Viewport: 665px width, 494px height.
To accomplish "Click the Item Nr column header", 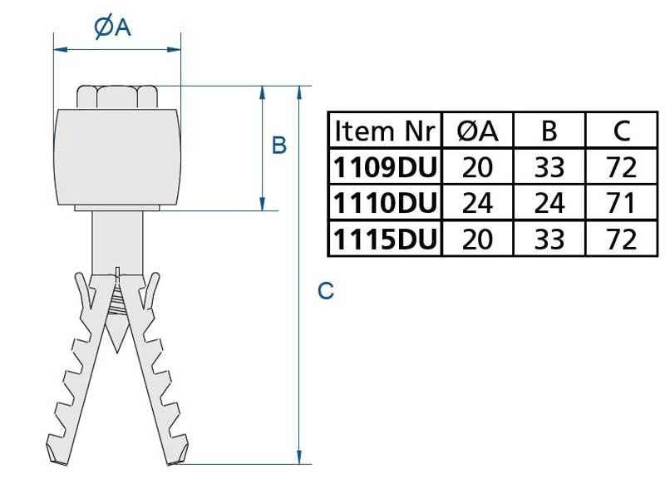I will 384,131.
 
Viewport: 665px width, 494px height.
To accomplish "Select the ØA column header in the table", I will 477,131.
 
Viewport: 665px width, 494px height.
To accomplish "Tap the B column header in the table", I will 549,131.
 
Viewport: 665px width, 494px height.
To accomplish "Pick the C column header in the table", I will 621,131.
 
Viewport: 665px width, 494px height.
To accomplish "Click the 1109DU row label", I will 384,168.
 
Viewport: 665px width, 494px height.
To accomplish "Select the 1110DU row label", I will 384,204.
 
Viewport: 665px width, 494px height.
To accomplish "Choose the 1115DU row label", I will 384,240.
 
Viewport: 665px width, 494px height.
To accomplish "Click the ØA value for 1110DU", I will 477,204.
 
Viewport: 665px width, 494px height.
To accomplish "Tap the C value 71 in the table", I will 621,204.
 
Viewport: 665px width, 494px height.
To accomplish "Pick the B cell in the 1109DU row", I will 549,168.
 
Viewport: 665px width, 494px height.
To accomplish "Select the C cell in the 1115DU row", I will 621,240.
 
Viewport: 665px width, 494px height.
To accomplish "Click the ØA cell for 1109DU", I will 477,168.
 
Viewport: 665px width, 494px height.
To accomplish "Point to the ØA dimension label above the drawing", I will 114,27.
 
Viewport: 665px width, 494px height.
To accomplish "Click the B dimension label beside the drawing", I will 279,146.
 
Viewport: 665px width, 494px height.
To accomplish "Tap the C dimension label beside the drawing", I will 326,291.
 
